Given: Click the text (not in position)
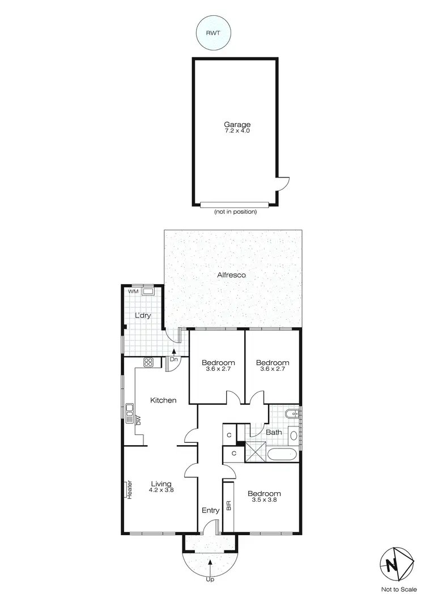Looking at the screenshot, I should coord(236,212).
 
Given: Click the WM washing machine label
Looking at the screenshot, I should coord(133,291).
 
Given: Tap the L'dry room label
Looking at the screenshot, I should coord(142,315).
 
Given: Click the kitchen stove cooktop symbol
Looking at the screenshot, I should coord(149,362).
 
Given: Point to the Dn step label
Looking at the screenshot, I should coord(175,359).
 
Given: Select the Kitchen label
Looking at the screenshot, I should coord(163,400).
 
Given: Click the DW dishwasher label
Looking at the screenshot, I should coord(138,420).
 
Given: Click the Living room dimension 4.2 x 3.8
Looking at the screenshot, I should coord(161,490).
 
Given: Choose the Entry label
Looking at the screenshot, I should coord(210,510).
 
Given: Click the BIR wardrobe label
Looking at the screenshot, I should coord(229,505).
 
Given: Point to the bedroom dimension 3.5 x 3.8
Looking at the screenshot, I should coord(265,501).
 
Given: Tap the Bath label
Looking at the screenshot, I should coord(274,433).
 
